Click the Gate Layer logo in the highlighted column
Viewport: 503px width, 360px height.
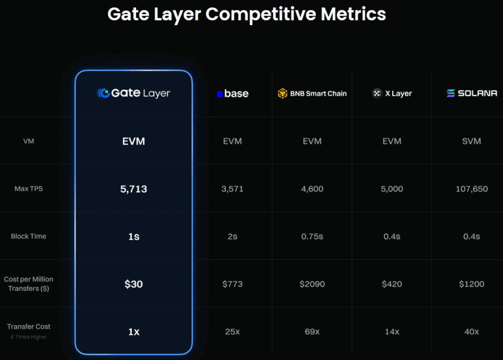[134, 93]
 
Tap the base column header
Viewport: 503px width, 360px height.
[232, 93]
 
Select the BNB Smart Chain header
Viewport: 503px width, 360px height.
[312, 93]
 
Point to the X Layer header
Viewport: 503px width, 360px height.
[392, 93]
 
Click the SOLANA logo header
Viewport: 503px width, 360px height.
[472, 93]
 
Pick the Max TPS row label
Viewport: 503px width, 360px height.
[28, 189]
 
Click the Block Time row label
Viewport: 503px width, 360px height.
[28, 236]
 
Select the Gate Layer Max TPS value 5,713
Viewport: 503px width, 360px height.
[134, 189]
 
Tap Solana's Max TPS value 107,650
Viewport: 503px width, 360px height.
[472, 189]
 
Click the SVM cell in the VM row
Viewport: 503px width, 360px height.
[472, 141]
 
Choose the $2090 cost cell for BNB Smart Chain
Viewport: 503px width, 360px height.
[312, 284]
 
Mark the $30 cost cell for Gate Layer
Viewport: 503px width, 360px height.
[134, 284]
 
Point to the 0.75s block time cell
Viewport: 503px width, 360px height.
[312, 236]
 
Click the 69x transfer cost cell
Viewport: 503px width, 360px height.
[312, 332]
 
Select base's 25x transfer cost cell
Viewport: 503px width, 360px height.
[232, 332]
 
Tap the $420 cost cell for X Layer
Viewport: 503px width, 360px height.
[392, 284]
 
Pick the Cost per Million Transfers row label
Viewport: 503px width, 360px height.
[28, 283]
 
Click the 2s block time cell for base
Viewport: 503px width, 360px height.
[232, 236]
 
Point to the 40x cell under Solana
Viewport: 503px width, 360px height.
[472, 332]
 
